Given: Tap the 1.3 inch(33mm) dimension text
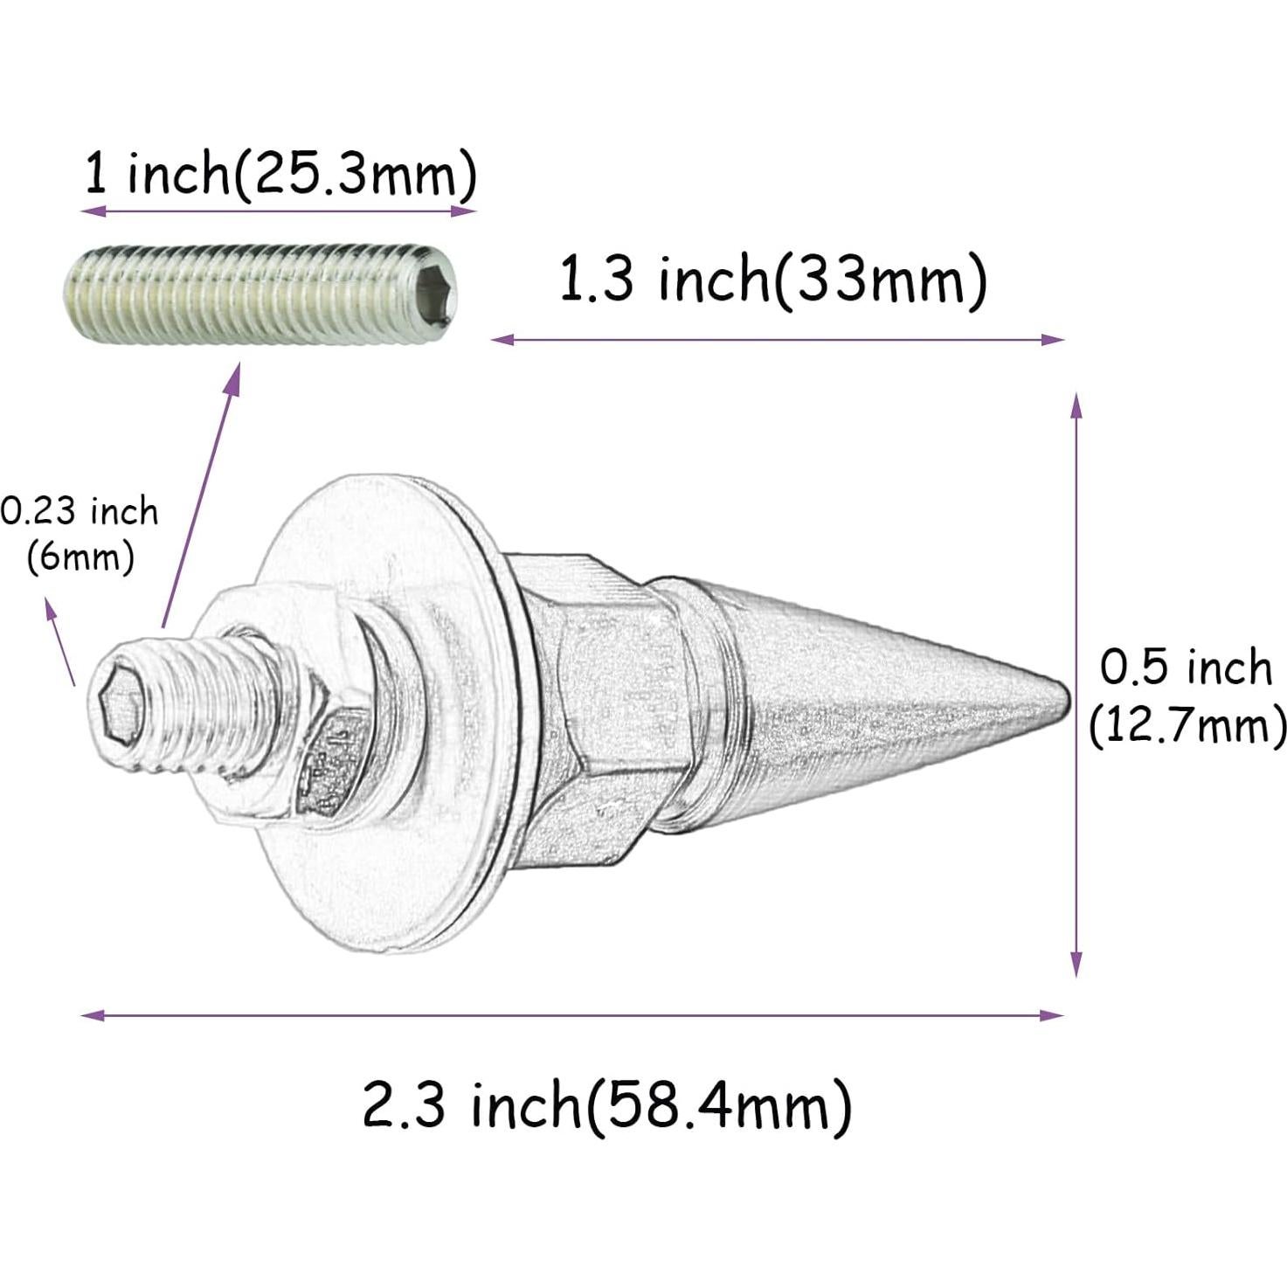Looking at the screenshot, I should coord(772,280).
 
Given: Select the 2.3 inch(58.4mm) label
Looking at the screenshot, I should coord(606,1105).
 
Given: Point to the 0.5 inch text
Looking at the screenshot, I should coord(1185,668).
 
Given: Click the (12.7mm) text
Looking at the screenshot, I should coord(1187,725).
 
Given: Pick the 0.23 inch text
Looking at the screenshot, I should coord(80,511).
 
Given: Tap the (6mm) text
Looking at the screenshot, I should coord(80,557).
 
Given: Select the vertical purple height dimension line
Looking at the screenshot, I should coord(1076,685).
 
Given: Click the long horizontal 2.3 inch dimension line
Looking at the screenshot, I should coord(572,1015).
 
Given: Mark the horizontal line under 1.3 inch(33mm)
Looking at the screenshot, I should coord(778,340).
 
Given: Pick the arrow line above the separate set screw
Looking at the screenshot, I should coord(278,211).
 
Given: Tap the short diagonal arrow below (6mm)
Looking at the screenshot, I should coord(61,642).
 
